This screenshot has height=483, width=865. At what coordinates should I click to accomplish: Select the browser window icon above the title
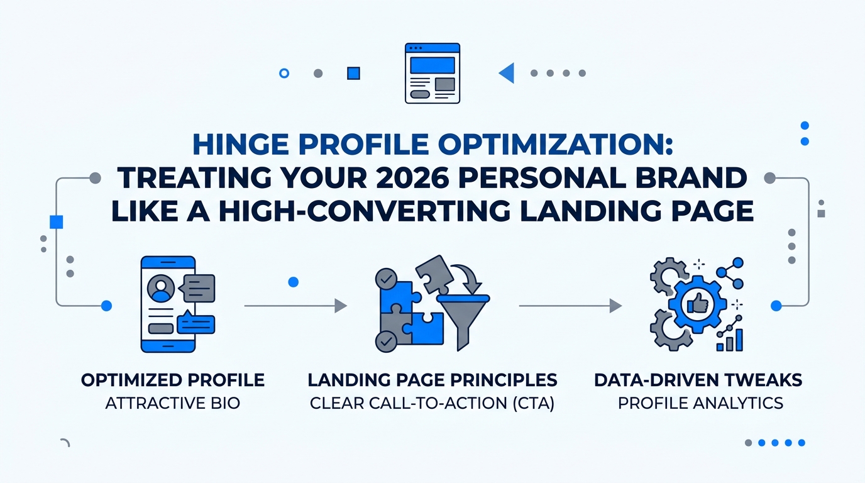click(432, 74)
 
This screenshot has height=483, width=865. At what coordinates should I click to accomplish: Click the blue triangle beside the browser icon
click(507, 74)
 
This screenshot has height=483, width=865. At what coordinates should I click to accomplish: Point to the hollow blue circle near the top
click(284, 74)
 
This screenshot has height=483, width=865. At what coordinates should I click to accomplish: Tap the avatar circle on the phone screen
click(160, 289)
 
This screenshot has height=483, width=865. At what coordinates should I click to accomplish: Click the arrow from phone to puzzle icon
click(295, 306)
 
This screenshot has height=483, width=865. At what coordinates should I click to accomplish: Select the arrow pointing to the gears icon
click(570, 306)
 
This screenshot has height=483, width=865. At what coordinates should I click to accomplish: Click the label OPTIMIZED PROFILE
click(173, 380)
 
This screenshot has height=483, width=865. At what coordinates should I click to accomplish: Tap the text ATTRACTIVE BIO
click(173, 402)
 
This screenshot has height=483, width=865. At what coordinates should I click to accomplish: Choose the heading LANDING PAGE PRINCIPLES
click(432, 380)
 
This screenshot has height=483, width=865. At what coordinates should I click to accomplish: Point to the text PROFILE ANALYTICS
click(700, 402)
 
